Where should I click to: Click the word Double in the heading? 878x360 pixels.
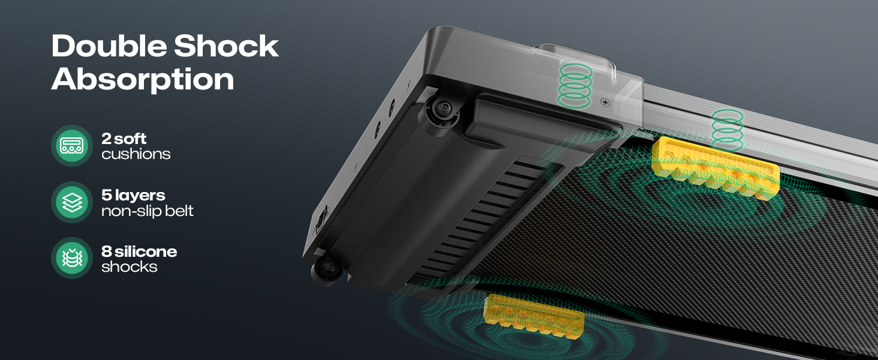coord(109,46)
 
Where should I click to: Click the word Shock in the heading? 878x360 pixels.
coord(226,46)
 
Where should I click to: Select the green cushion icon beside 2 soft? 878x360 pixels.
coord(72,145)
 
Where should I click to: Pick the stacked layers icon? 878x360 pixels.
coord(72,202)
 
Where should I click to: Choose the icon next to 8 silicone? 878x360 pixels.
coord(72,258)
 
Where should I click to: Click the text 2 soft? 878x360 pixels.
coord(124,139)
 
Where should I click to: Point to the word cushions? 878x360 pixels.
coord(136,154)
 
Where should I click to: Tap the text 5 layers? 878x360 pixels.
coord(133,196)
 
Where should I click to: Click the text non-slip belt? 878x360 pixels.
coord(148,211)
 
